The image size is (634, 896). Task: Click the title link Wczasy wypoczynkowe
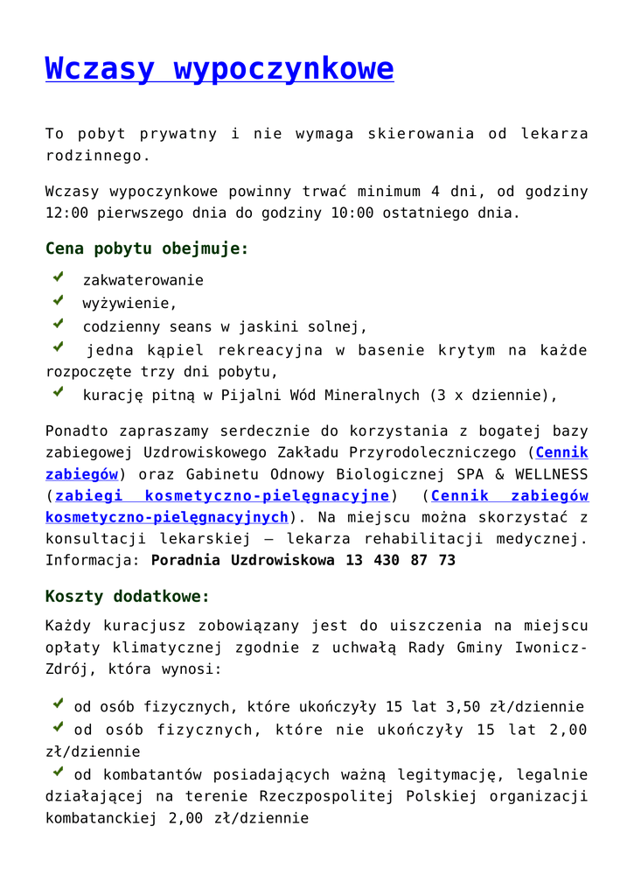219,68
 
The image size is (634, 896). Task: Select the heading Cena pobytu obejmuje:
147,248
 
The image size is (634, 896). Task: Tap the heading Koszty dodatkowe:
128,597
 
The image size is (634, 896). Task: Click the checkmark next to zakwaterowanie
58,277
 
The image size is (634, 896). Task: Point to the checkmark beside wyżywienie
58,301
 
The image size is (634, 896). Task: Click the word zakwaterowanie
143,280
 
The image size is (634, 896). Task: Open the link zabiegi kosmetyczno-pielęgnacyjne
222,496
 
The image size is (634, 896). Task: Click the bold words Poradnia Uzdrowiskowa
243,560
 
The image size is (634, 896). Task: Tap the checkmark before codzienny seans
58,325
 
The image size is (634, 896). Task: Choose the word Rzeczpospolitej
324,797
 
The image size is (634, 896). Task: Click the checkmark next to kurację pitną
58,393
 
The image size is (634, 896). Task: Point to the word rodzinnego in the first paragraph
94,156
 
